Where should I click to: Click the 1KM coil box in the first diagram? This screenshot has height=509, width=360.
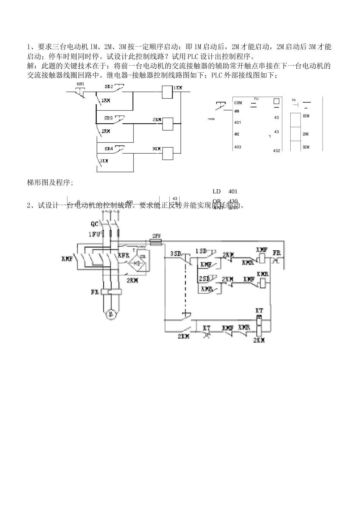coord(167,92)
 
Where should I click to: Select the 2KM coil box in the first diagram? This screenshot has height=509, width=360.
coord(167,124)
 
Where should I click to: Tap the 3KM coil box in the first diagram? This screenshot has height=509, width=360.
coord(167,153)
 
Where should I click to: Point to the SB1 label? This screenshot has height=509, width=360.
coord(80,84)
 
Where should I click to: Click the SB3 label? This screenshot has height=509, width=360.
coord(108,118)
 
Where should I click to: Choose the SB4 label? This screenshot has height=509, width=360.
coord(108,148)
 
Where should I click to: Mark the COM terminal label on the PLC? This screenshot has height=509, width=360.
coord(238,103)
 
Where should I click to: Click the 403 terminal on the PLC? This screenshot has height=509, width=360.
coord(238,147)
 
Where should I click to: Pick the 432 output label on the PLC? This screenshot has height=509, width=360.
coord(276,151)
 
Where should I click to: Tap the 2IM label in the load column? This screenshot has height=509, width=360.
coord(305,134)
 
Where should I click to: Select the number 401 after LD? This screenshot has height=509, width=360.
coord(233,192)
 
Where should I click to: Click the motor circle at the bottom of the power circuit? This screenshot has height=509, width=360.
coord(110,314)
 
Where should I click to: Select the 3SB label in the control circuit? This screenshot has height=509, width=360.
coord(175,253)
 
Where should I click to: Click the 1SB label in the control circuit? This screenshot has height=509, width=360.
coord(201,251)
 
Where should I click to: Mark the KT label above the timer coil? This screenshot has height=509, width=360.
coord(260,311)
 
